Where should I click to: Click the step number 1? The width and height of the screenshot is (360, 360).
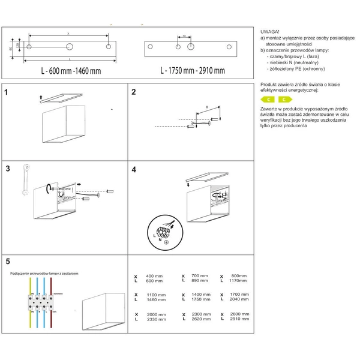[x=6, y=93]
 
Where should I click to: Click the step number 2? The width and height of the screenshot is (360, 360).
[x=134, y=92]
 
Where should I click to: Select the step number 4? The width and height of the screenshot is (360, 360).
[x=134, y=170]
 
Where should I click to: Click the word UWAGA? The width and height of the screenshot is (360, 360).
[x=270, y=31]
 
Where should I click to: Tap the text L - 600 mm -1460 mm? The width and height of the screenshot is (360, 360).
[x=71, y=71]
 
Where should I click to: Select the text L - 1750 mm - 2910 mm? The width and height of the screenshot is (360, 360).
[x=193, y=71]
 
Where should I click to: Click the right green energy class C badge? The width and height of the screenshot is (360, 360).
[x=283, y=99]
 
